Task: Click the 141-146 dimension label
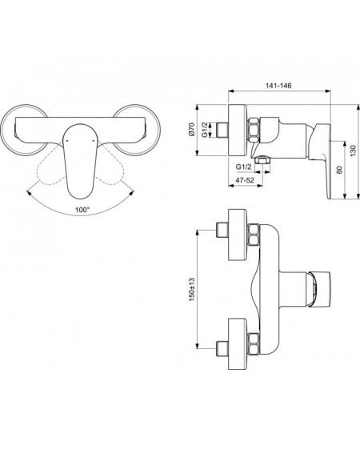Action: tap(278, 86)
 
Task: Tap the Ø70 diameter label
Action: tap(191, 129)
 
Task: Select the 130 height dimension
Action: tap(353, 151)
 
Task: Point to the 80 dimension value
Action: tap(340, 170)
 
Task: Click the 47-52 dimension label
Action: tap(245, 180)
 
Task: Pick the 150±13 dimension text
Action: tap(192, 290)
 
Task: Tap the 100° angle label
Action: tap(82, 210)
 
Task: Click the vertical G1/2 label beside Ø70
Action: tap(205, 130)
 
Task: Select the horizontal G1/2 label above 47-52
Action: tap(243, 167)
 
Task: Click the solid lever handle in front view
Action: tap(79, 161)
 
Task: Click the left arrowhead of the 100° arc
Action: tap(29, 193)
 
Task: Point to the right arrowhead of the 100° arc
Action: tap(131, 193)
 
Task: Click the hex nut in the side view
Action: tap(254, 130)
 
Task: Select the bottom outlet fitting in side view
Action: tap(262, 159)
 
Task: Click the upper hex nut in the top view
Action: tap(254, 235)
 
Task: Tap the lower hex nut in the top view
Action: tap(254, 344)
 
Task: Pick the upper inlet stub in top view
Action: tap(222, 230)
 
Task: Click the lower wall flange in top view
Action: tap(238, 344)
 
